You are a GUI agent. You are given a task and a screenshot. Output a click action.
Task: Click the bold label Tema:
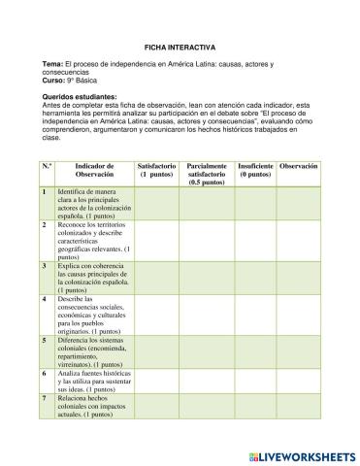[x=53, y=64]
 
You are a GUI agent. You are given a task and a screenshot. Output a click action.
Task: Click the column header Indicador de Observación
[x=94, y=171]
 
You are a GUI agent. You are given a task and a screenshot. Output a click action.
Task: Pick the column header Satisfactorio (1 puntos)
[x=156, y=171]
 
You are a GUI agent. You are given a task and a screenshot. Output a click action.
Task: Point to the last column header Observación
[x=298, y=167]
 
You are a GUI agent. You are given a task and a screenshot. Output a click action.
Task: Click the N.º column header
[x=47, y=167]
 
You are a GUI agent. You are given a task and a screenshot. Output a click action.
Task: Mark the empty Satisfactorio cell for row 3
[x=156, y=277]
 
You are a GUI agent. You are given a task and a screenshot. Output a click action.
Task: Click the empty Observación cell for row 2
[x=298, y=239]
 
